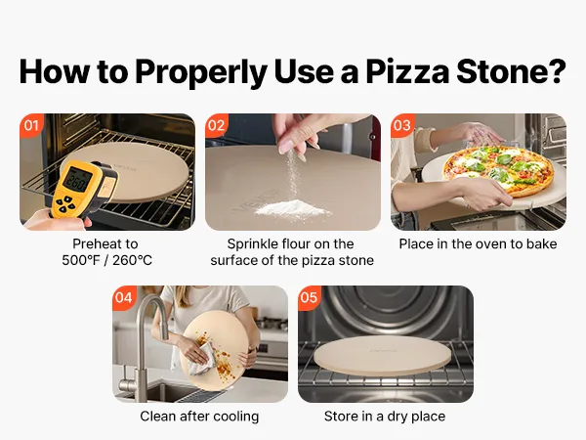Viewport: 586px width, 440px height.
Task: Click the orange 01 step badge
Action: [x=30, y=125]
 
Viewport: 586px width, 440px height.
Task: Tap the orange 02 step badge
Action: [x=216, y=125]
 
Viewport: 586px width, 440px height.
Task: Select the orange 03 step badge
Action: [x=402, y=125]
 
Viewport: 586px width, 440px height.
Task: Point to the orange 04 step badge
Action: [x=124, y=298]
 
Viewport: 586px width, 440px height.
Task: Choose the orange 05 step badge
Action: [x=309, y=298]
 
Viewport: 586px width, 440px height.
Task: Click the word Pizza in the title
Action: [x=407, y=71]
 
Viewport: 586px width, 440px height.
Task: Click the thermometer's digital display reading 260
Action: [x=77, y=180]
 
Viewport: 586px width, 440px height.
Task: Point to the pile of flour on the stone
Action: [x=293, y=208]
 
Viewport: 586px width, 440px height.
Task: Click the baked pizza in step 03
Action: [x=498, y=170]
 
